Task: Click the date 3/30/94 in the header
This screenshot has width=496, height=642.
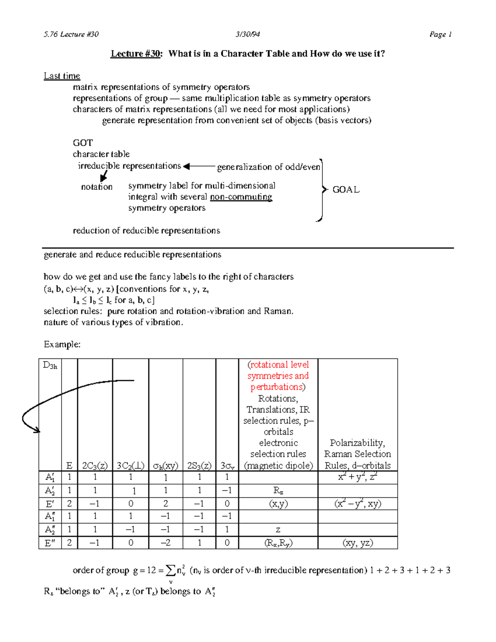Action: click(248, 34)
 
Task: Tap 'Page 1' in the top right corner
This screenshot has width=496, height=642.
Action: click(440, 34)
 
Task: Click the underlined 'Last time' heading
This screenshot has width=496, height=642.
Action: click(62, 76)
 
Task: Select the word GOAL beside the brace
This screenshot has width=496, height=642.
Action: click(346, 190)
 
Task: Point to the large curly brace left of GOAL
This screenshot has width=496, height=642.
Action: click(321, 190)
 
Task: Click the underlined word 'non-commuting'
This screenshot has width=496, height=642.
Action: click(241, 197)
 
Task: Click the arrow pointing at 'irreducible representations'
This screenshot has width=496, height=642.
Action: click(198, 167)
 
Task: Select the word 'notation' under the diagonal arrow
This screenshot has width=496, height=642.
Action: click(97, 187)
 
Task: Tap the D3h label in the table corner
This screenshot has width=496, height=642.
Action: click(50, 365)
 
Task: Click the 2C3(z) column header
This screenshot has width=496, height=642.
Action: click(95, 465)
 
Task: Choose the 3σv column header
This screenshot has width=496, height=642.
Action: click(227, 465)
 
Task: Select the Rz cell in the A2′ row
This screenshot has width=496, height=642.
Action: click(278, 491)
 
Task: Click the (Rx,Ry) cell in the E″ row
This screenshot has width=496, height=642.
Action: click(278, 543)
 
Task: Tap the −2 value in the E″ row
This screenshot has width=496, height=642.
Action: click(165, 543)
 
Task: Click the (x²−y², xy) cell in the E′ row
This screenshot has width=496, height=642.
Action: click(358, 504)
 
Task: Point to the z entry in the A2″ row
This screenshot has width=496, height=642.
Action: click(278, 530)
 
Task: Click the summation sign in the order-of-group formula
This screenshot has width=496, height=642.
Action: click(170, 571)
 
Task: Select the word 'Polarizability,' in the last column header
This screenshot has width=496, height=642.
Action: click(358, 443)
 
